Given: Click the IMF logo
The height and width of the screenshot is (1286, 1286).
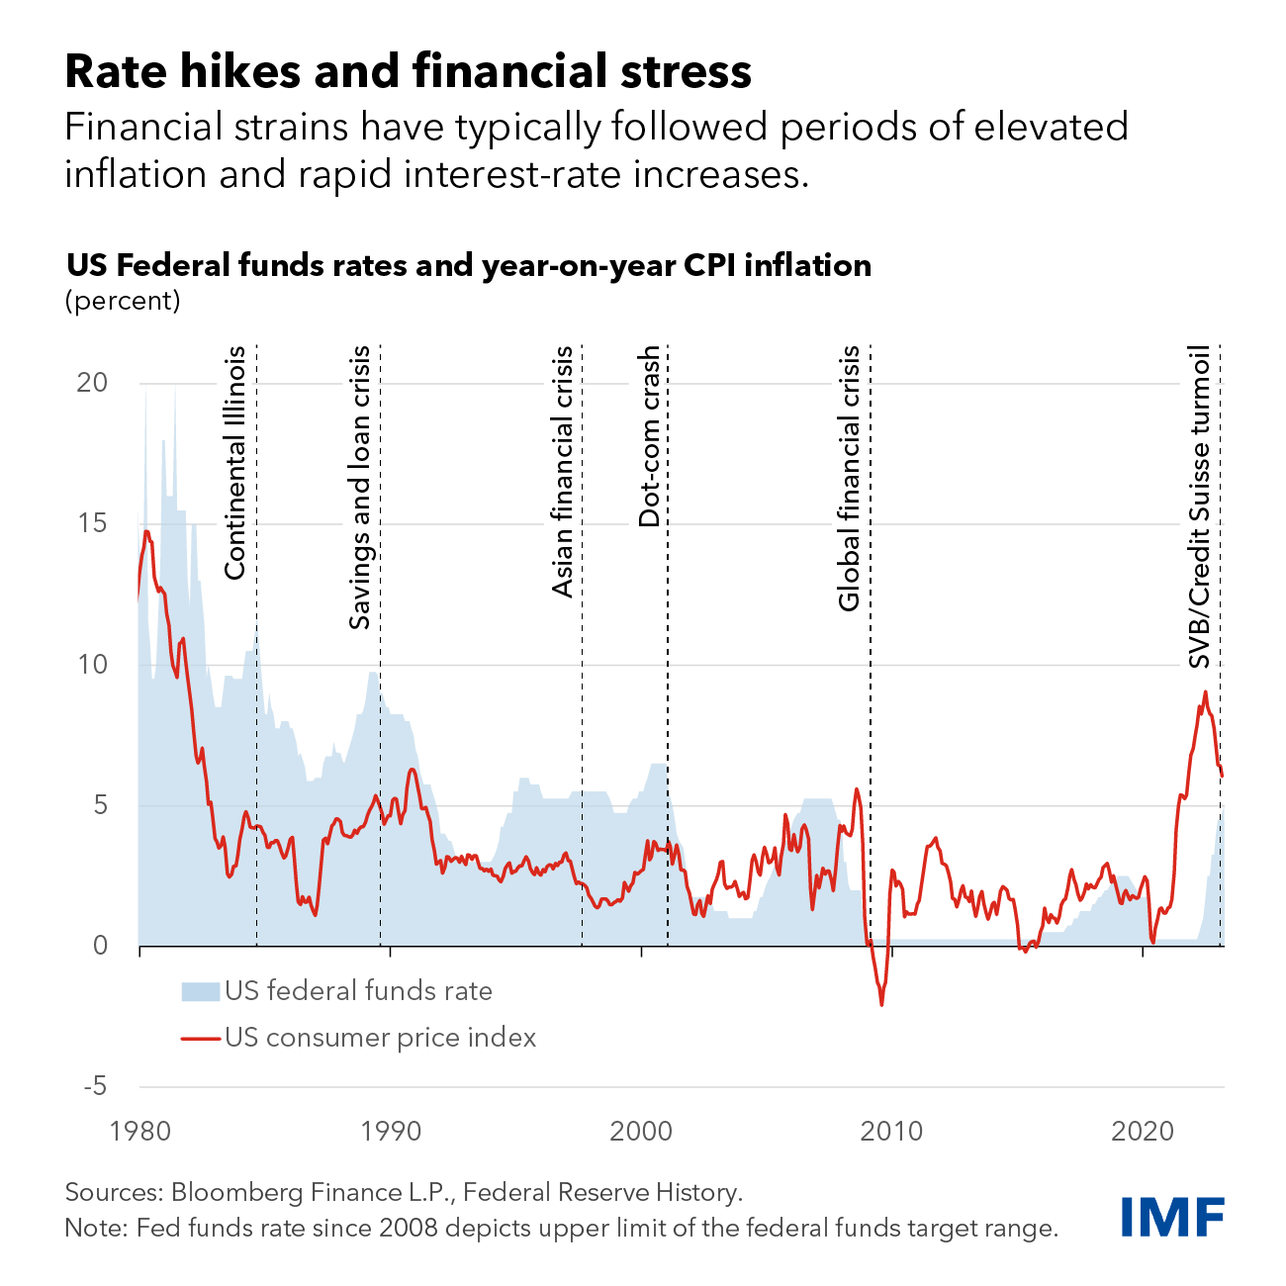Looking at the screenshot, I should click(x=1172, y=1216).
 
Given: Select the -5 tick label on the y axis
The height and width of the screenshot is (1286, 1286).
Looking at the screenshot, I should click(x=95, y=1086).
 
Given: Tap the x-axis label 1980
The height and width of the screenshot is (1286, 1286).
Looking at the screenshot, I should click(x=140, y=1131).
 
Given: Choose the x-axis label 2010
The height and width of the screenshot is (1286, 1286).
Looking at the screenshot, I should click(x=891, y=1131).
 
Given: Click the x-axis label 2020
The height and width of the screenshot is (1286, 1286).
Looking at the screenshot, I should click(x=1143, y=1131).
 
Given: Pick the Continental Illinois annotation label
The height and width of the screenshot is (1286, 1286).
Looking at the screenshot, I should click(x=234, y=463).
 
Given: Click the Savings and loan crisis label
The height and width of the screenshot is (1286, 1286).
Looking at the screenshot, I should click(x=360, y=487).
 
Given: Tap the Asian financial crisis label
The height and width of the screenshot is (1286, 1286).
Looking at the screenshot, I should click(x=563, y=472).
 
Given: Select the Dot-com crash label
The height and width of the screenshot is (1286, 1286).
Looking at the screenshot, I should click(x=649, y=436).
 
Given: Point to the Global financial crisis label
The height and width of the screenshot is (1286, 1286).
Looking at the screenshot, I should click(x=849, y=479).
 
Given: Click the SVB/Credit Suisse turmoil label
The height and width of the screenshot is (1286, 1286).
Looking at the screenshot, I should click(x=1199, y=507).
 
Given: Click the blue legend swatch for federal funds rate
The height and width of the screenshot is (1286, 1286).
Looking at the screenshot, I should click(x=200, y=992).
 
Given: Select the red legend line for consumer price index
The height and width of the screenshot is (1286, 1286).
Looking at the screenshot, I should click(x=200, y=1039).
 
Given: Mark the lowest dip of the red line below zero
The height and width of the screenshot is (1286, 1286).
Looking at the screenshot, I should click(x=881, y=1004).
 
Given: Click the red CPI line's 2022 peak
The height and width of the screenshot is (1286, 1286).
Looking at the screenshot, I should click(x=1206, y=692).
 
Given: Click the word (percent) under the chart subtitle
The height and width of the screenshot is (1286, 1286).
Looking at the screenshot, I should click(x=123, y=301).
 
